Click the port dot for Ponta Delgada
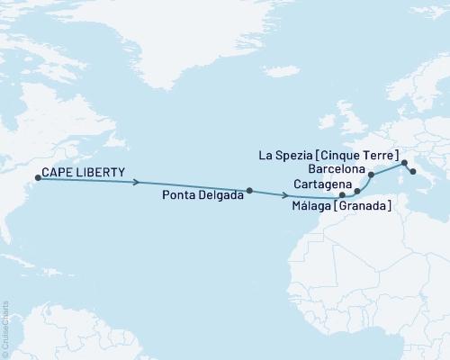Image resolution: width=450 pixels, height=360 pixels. (x=249, y=190)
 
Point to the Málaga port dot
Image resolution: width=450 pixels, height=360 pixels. (x=342, y=195)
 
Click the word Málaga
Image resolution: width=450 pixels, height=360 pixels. (x=310, y=207)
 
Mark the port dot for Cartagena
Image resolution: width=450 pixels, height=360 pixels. (x=357, y=191)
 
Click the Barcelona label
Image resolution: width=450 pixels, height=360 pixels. (x=336, y=169)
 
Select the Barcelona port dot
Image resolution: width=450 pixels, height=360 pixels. (x=372, y=175)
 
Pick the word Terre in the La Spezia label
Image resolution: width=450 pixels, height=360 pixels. (x=383, y=156)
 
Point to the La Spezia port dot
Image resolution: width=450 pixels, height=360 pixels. (x=404, y=163)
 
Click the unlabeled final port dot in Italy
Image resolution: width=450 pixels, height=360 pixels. (x=413, y=172)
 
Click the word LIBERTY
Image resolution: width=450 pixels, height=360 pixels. (x=98, y=171)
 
